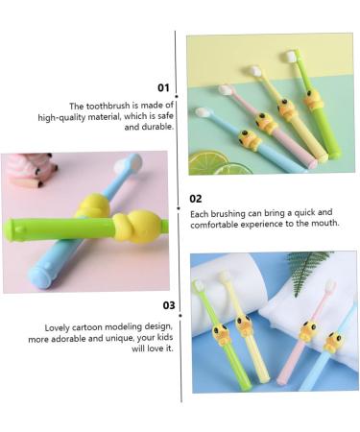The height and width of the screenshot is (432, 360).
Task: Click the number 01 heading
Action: click(x=163, y=87)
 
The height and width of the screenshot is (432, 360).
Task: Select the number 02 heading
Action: click(x=196, y=198)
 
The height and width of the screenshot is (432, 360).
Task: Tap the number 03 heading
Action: click(x=168, y=306)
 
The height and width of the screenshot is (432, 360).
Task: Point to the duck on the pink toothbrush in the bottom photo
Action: click(x=307, y=331)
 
